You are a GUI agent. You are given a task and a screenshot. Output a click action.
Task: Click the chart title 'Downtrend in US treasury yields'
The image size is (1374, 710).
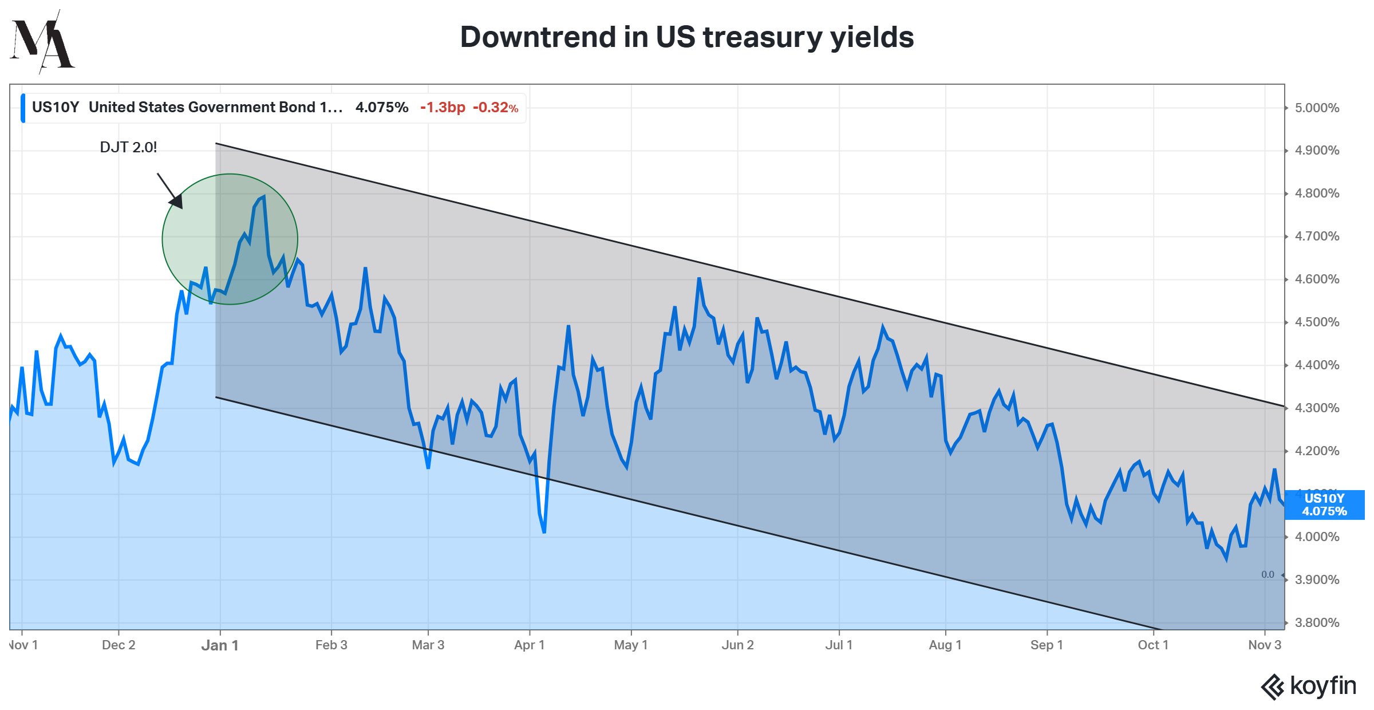[686, 37]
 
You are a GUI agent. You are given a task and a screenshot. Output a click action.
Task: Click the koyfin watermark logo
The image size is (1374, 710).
[1308, 686]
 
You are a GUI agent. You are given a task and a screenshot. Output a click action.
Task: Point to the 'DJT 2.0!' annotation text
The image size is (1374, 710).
[128, 147]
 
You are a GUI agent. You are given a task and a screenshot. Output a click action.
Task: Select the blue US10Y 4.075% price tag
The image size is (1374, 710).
[1324, 505]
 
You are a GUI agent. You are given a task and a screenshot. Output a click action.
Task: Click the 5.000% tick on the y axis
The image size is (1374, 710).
[1317, 108]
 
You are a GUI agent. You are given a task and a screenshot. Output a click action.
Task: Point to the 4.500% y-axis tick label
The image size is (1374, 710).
[1317, 322]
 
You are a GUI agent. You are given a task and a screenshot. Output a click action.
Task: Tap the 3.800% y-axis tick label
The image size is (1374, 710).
[1317, 622]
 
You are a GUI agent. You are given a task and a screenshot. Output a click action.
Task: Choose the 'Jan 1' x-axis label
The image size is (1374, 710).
[220, 645]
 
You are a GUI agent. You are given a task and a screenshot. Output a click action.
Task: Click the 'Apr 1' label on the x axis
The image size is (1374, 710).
[529, 645]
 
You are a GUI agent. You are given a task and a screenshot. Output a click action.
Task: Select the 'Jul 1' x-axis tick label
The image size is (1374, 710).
[839, 645]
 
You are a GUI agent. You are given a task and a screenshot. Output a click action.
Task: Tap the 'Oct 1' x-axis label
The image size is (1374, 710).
[1153, 645]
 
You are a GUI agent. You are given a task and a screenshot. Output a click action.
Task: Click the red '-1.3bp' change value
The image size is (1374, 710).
[443, 108]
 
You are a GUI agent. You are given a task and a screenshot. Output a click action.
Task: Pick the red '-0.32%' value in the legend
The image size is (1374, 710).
[495, 108]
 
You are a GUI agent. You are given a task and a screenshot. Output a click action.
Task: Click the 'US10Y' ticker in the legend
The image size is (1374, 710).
[55, 108]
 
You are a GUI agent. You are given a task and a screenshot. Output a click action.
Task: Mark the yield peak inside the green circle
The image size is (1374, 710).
[263, 198]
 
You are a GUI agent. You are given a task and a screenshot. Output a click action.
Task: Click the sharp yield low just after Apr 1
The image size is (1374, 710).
[544, 532]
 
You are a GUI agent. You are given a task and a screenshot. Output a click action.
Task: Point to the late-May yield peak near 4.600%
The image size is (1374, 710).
[699, 279]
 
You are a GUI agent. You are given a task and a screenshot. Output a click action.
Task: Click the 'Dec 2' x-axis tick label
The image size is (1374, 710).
[119, 645]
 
